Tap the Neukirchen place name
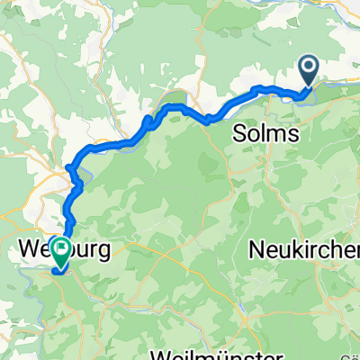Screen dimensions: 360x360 coord(311,250)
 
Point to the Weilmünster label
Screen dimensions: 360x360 coord(236,352)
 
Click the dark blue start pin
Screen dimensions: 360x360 coord(308,70)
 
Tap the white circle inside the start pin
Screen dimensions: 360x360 coord(308,66)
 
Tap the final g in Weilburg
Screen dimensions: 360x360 coord(104,252)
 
